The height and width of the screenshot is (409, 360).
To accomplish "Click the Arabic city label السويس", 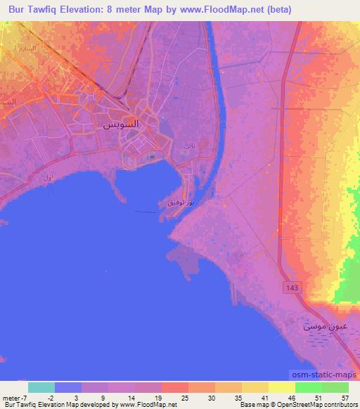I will pos(116,124).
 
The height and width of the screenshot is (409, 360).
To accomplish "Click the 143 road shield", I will pos(290,287).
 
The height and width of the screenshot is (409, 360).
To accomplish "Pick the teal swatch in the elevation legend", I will pos(41,387).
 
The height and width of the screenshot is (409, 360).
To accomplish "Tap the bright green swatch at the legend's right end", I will pos(335,387).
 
